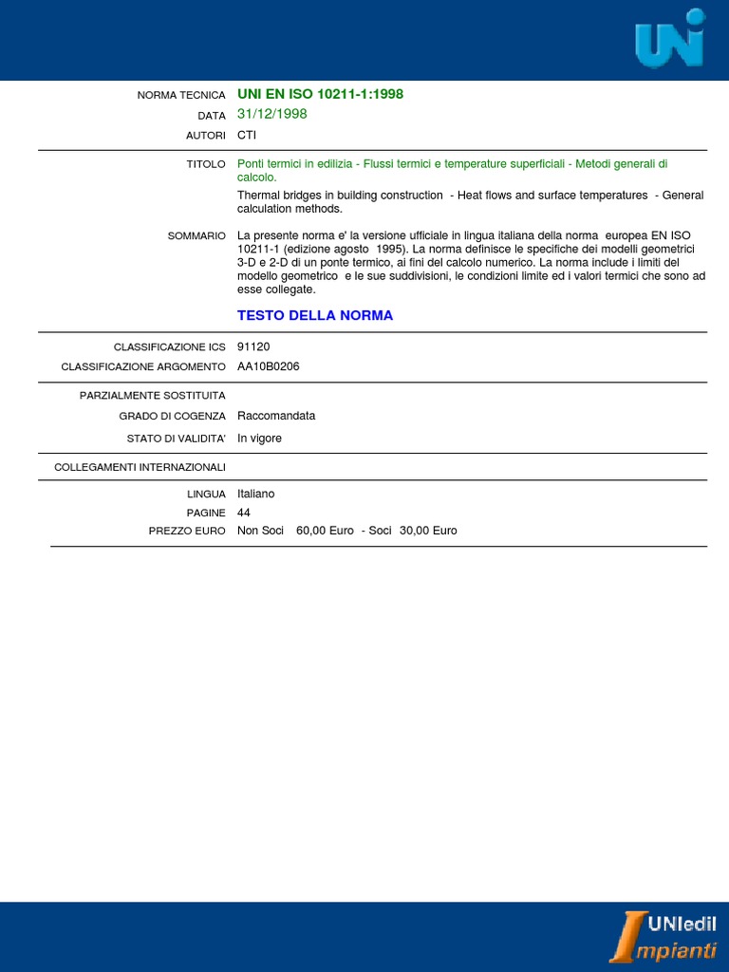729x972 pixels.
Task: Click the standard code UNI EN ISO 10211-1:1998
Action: (x=320, y=94)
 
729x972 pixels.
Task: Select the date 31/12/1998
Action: (x=272, y=114)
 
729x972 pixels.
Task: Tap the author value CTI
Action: (x=247, y=136)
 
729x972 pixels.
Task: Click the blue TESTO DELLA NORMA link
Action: (x=315, y=315)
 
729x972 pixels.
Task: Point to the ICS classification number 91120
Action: (x=253, y=347)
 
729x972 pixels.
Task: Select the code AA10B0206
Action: (x=269, y=366)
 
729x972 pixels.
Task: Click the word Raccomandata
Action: (x=276, y=416)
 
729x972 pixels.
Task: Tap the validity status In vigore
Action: (x=259, y=439)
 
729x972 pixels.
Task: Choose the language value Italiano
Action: (x=255, y=494)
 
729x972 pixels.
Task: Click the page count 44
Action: (x=244, y=513)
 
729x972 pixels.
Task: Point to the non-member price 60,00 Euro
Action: (x=325, y=531)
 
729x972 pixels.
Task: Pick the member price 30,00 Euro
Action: (x=428, y=531)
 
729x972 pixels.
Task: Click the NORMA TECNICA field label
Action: (x=181, y=95)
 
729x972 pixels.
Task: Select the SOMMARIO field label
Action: (x=196, y=235)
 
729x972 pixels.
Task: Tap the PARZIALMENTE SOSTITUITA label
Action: (x=153, y=395)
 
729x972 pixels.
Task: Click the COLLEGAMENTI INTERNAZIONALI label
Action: (x=140, y=467)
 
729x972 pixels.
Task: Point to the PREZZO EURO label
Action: (x=187, y=532)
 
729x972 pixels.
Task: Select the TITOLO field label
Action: (x=206, y=165)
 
